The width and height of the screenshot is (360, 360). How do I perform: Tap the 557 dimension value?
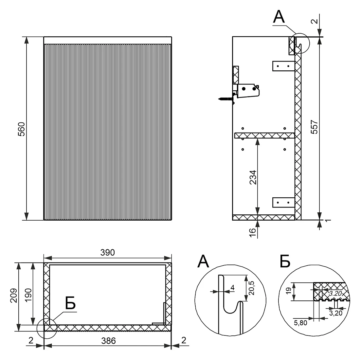[x=314, y=127]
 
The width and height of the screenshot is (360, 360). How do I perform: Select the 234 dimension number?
[x=253, y=177]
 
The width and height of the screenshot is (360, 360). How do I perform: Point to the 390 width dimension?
[x=107, y=253]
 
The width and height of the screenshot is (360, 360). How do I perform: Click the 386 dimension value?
[x=108, y=341]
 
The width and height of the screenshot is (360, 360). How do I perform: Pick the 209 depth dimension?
[x=14, y=296]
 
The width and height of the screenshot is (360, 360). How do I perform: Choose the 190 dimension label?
[x=28, y=296]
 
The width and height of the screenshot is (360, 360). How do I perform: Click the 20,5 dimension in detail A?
[x=251, y=288]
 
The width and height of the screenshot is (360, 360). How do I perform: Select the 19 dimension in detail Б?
[x=288, y=290]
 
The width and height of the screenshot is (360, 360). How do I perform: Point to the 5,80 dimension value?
[x=300, y=323]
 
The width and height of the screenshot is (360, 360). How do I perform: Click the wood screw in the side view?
[x=227, y=99]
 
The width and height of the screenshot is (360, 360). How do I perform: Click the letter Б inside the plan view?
[x=70, y=303]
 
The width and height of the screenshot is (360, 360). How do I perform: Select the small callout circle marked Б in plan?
[x=46, y=329]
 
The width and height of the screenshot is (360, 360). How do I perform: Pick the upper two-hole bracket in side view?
[x=283, y=66]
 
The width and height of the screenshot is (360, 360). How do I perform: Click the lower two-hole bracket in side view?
[x=283, y=203]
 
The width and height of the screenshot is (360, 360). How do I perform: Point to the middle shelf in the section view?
[x=264, y=135]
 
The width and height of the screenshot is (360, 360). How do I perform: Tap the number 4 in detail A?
[x=233, y=287]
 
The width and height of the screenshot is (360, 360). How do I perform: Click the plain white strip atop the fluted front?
[x=108, y=40]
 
